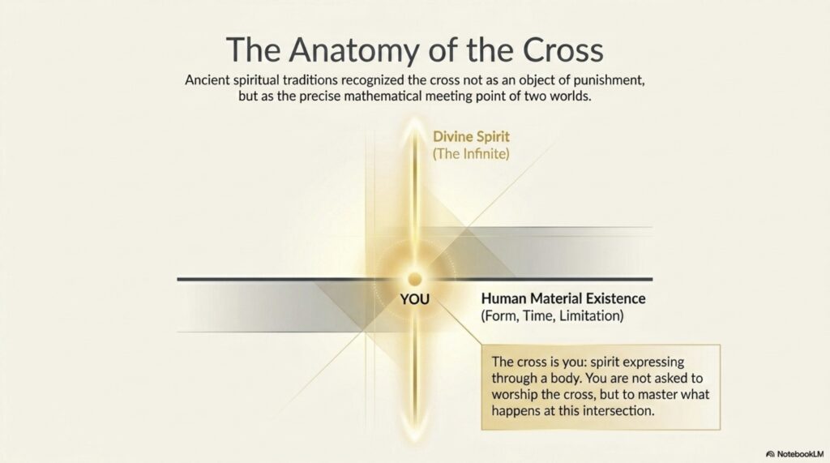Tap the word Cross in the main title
click(x=563, y=49)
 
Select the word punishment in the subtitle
click(x=609, y=80)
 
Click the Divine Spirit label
click(x=471, y=137)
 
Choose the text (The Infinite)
click(x=471, y=154)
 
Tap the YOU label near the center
click(x=414, y=300)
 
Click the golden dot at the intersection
click(x=414, y=279)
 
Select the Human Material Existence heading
click(x=563, y=298)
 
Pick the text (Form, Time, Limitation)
click(x=552, y=316)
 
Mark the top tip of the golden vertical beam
click(x=414, y=121)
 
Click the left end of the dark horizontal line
click(x=178, y=279)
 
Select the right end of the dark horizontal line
click(x=652, y=279)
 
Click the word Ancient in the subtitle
click(x=207, y=80)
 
